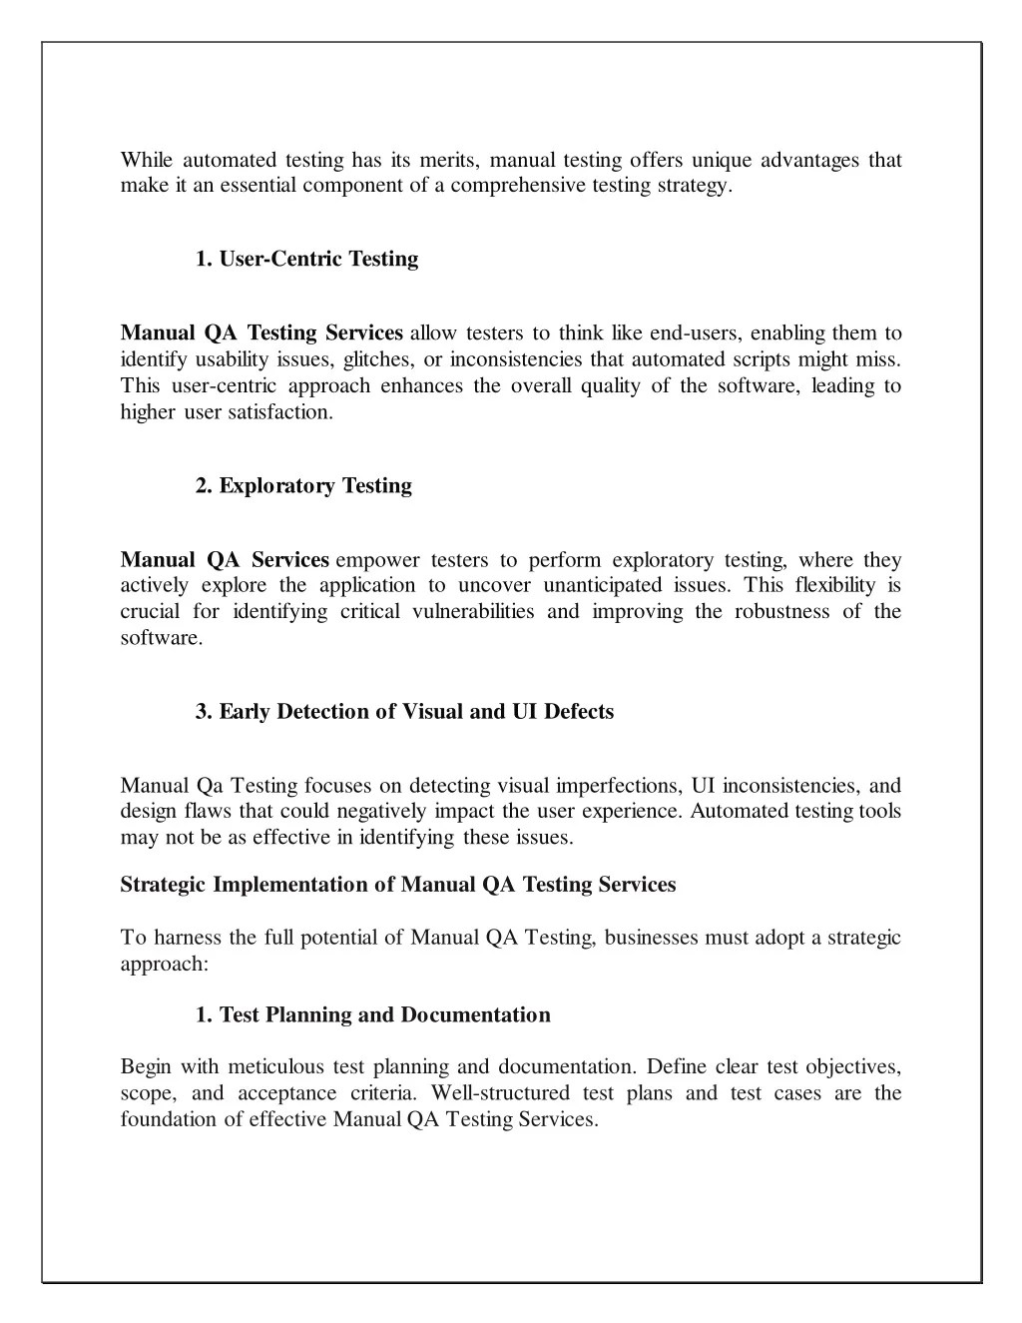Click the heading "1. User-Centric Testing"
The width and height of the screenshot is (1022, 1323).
pos(306,260)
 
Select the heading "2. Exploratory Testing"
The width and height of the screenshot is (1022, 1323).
pos(303,486)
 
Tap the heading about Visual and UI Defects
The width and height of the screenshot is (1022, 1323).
pos(404,712)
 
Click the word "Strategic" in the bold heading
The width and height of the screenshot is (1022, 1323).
pos(163,885)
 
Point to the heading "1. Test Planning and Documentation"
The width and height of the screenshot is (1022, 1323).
pos(372,1015)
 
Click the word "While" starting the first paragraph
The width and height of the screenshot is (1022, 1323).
pos(147,161)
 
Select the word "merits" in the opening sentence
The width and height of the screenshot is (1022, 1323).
pos(448,161)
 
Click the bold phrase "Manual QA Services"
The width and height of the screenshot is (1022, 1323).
pos(225,560)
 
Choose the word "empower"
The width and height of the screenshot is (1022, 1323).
pos(378,560)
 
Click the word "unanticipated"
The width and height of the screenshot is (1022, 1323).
pos(600,586)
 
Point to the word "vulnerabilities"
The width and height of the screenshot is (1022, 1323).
pos(472,612)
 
